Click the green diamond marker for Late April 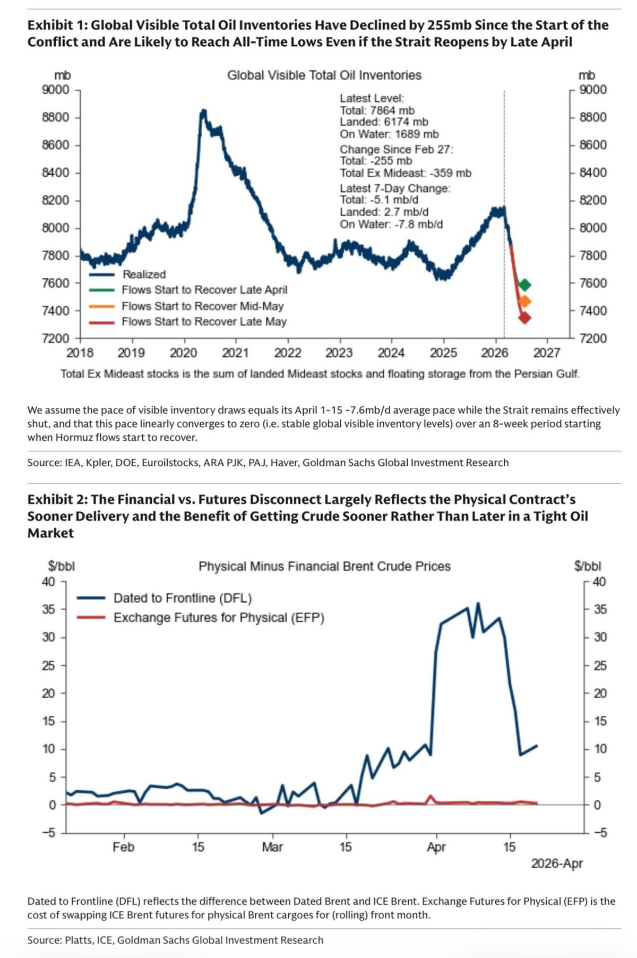(524, 285)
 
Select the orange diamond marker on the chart (524, 302)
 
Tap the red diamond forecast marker (524, 318)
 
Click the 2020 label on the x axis (183, 353)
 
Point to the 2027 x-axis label (547, 353)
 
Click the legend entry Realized (144, 274)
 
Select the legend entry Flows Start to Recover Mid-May (202, 306)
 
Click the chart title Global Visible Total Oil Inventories (324, 75)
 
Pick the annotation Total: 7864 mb (377, 110)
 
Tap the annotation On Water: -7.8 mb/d (391, 224)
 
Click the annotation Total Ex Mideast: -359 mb (406, 173)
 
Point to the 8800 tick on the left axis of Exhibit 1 (55, 117)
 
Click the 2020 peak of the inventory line (203, 111)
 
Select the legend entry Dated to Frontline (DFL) (182, 598)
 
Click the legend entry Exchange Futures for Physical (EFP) (219, 618)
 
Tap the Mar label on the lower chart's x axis (272, 847)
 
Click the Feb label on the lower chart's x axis (124, 847)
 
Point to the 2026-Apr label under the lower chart (557, 863)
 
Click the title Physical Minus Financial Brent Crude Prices (324, 567)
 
